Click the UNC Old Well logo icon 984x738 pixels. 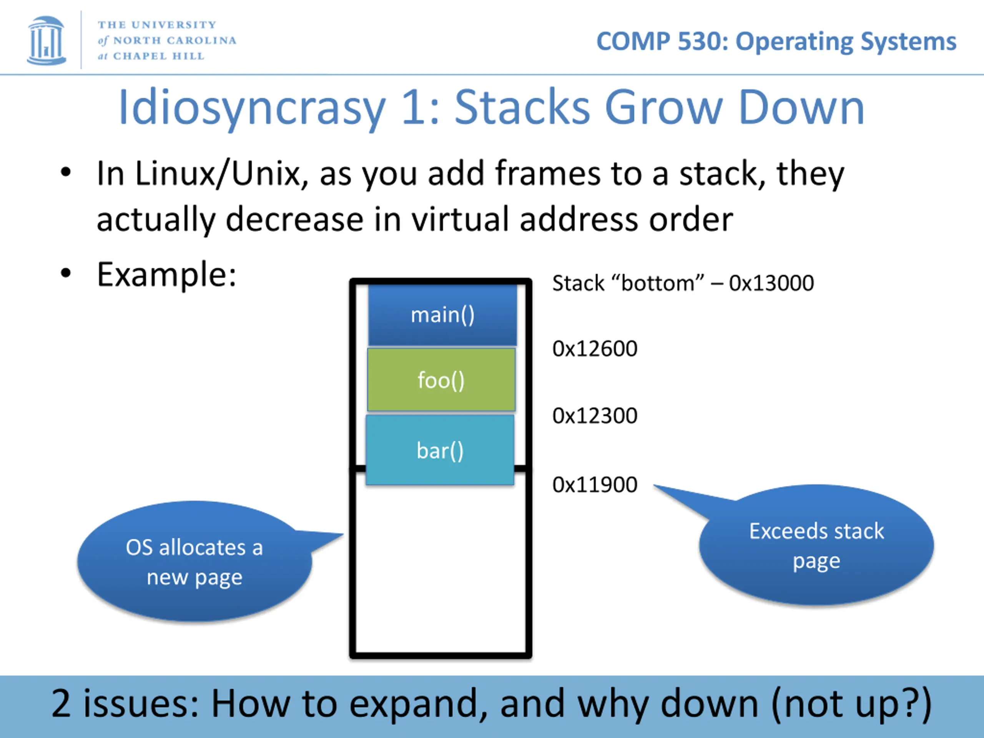[x=46, y=40]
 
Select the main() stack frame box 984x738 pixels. [x=442, y=315]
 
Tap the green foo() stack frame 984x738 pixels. [x=441, y=380]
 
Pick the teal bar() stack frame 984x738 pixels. [x=440, y=450]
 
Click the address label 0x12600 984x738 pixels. [x=595, y=349]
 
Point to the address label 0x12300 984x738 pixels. [x=595, y=416]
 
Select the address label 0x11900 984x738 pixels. [x=595, y=485]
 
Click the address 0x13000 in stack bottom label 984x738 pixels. [x=771, y=283]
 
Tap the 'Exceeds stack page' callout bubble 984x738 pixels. [x=816, y=546]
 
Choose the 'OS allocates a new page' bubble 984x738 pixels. [x=194, y=562]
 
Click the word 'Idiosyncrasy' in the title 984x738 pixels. [x=252, y=108]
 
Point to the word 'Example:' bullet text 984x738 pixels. [x=166, y=274]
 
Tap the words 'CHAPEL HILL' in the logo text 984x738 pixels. [x=158, y=56]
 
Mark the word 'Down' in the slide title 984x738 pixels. [x=801, y=108]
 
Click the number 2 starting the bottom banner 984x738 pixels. [x=61, y=703]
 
